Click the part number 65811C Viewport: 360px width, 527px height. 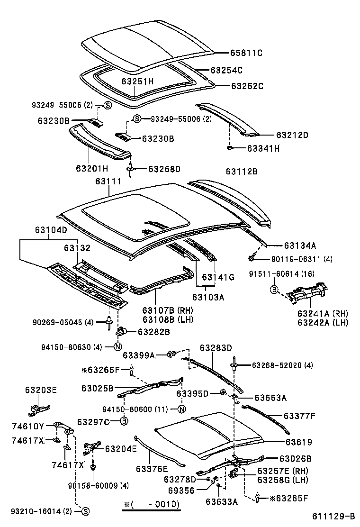[246, 53]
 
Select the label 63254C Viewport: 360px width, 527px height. [226, 70]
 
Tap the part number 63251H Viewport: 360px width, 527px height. [137, 82]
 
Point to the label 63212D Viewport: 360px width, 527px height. [292, 135]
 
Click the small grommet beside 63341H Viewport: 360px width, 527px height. [229, 148]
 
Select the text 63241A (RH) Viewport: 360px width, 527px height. [323, 313]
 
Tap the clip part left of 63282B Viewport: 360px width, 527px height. [121, 331]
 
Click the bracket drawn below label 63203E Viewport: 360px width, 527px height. [38, 408]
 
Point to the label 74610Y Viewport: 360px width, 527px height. [27, 426]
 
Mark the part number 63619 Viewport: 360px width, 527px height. [298, 442]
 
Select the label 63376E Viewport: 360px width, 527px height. [152, 469]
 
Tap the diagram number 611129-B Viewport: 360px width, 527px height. [333, 516]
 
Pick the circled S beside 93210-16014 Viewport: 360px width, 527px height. [85, 511]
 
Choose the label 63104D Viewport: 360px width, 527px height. [51, 230]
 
